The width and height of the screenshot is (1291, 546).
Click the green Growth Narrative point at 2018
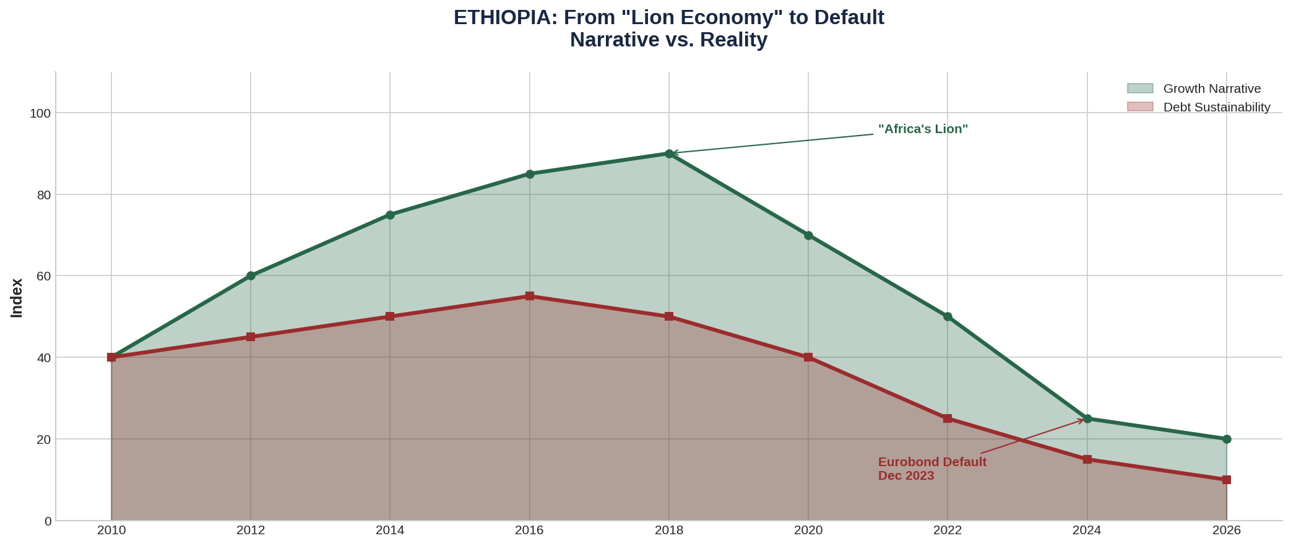pos(669,154)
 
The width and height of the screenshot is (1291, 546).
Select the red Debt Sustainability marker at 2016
pos(530,296)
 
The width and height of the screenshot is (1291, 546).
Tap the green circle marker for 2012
pos(251,275)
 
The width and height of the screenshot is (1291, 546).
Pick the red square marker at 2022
pos(948,418)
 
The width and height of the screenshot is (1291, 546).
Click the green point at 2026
pos(1227,439)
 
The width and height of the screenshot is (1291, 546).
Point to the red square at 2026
pos(1227,480)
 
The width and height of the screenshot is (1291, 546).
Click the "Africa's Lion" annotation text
pos(923,129)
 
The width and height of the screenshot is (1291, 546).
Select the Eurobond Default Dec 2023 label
pos(932,469)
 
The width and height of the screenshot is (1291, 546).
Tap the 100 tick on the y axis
pos(43,113)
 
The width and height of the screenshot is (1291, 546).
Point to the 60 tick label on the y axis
pos(44,276)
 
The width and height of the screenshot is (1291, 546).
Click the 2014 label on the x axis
pos(390,531)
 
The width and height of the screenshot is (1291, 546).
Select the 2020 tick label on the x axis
pos(808,531)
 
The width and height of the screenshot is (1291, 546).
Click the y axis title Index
pos(17,298)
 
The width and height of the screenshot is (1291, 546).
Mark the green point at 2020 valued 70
pos(808,235)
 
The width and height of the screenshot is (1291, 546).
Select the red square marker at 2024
pos(1087,459)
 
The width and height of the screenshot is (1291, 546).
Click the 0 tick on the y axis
pos(48,521)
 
